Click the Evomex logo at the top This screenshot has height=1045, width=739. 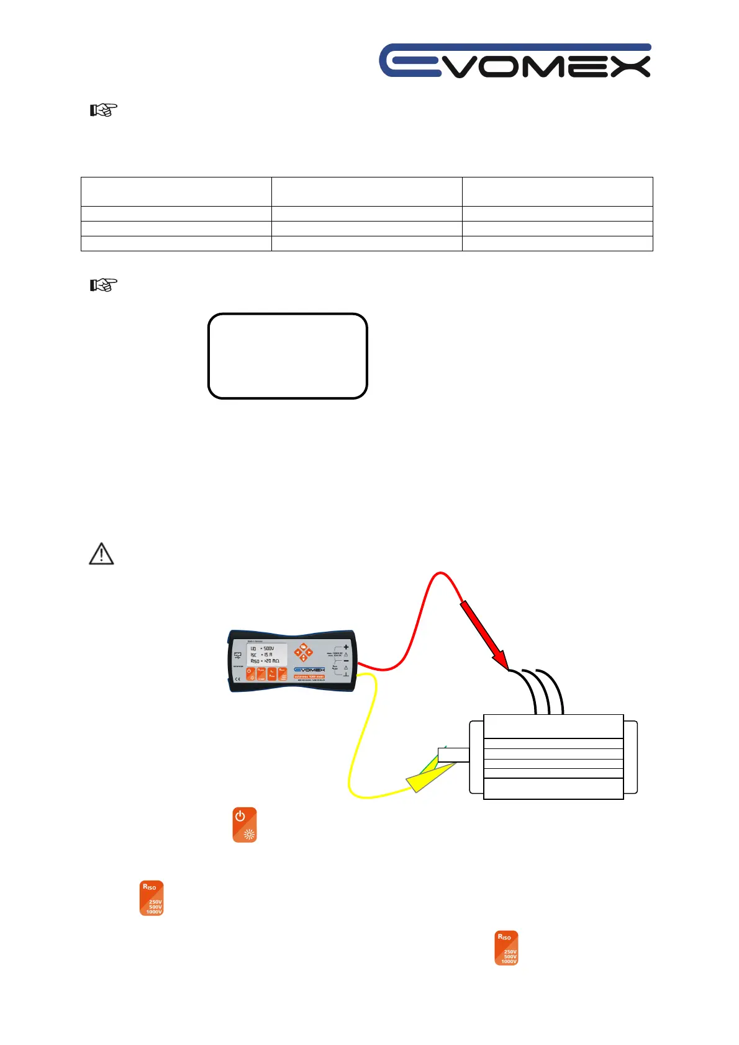(x=515, y=61)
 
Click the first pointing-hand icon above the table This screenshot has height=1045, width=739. (x=103, y=110)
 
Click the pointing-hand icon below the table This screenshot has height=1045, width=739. (x=103, y=285)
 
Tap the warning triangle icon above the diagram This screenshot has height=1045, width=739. (x=101, y=554)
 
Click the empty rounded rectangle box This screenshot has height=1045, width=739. (x=288, y=356)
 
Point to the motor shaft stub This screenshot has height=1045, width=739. (x=453, y=755)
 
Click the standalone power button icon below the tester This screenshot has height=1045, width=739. (x=245, y=825)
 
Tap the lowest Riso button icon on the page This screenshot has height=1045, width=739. (x=506, y=948)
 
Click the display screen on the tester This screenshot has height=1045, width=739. (x=267, y=654)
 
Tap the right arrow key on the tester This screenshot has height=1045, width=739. (x=309, y=653)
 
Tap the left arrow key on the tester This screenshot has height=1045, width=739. (x=297, y=653)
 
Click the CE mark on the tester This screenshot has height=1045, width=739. (x=237, y=679)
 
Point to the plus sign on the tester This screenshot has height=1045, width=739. (x=346, y=647)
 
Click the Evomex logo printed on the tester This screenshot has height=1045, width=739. (x=309, y=670)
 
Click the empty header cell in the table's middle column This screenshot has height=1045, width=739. (x=366, y=191)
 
